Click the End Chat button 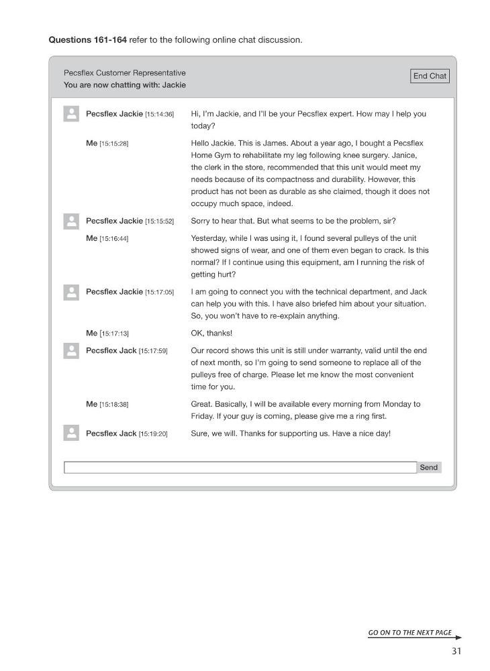coord(430,76)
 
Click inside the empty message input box coord(240,468)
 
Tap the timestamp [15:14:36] coord(159,114)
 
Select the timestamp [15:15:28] coord(113,144)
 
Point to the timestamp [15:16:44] coord(113,239)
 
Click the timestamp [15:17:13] coord(114,333)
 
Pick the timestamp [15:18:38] coord(113,405)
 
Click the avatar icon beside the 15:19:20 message coord(71,433)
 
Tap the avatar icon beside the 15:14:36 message coord(71,114)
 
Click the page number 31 coord(456,651)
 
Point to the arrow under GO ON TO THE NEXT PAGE coord(415,637)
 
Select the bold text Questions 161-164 coord(87,40)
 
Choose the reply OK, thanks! coord(211,333)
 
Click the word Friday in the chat coord(202,416)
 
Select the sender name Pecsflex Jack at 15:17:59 coord(111,350)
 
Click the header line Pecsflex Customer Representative coord(125,72)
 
